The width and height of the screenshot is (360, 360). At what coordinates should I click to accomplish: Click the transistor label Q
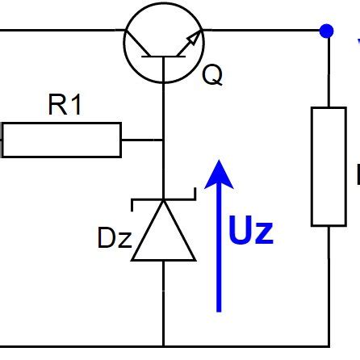pyautogui.click(x=211, y=75)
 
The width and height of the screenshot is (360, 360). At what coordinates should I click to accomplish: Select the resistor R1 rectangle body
pyautogui.click(x=61, y=140)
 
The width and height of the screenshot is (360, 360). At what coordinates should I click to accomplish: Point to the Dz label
pyautogui.click(x=114, y=239)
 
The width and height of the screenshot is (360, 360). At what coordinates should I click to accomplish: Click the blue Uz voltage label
pyautogui.click(x=251, y=232)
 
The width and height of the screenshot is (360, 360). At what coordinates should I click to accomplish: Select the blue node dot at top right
pyautogui.click(x=326, y=31)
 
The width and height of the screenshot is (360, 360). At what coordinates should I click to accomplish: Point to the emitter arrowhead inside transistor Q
pyautogui.click(x=192, y=40)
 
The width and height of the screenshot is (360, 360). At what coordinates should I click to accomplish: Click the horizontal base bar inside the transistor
pyautogui.click(x=164, y=57)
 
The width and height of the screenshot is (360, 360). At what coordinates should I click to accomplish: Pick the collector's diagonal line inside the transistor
pyautogui.click(x=142, y=44)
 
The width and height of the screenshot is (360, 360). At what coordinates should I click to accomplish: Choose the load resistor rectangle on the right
pyautogui.click(x=329, y=165)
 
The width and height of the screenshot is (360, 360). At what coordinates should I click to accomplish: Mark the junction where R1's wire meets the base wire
pyautogui.click(x=164, y=140)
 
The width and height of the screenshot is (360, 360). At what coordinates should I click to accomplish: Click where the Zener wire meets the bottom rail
pyautogui.click(x=164, y=345)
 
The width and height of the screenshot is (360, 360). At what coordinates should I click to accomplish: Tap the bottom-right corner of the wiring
pyautogui.click(x=329, y=345)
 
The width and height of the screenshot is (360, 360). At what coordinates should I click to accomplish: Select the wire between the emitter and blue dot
pyautogui.click(x=262, y=31)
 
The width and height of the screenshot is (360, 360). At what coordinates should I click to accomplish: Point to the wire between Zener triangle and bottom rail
pyautogui.click(x=164, y=303)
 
